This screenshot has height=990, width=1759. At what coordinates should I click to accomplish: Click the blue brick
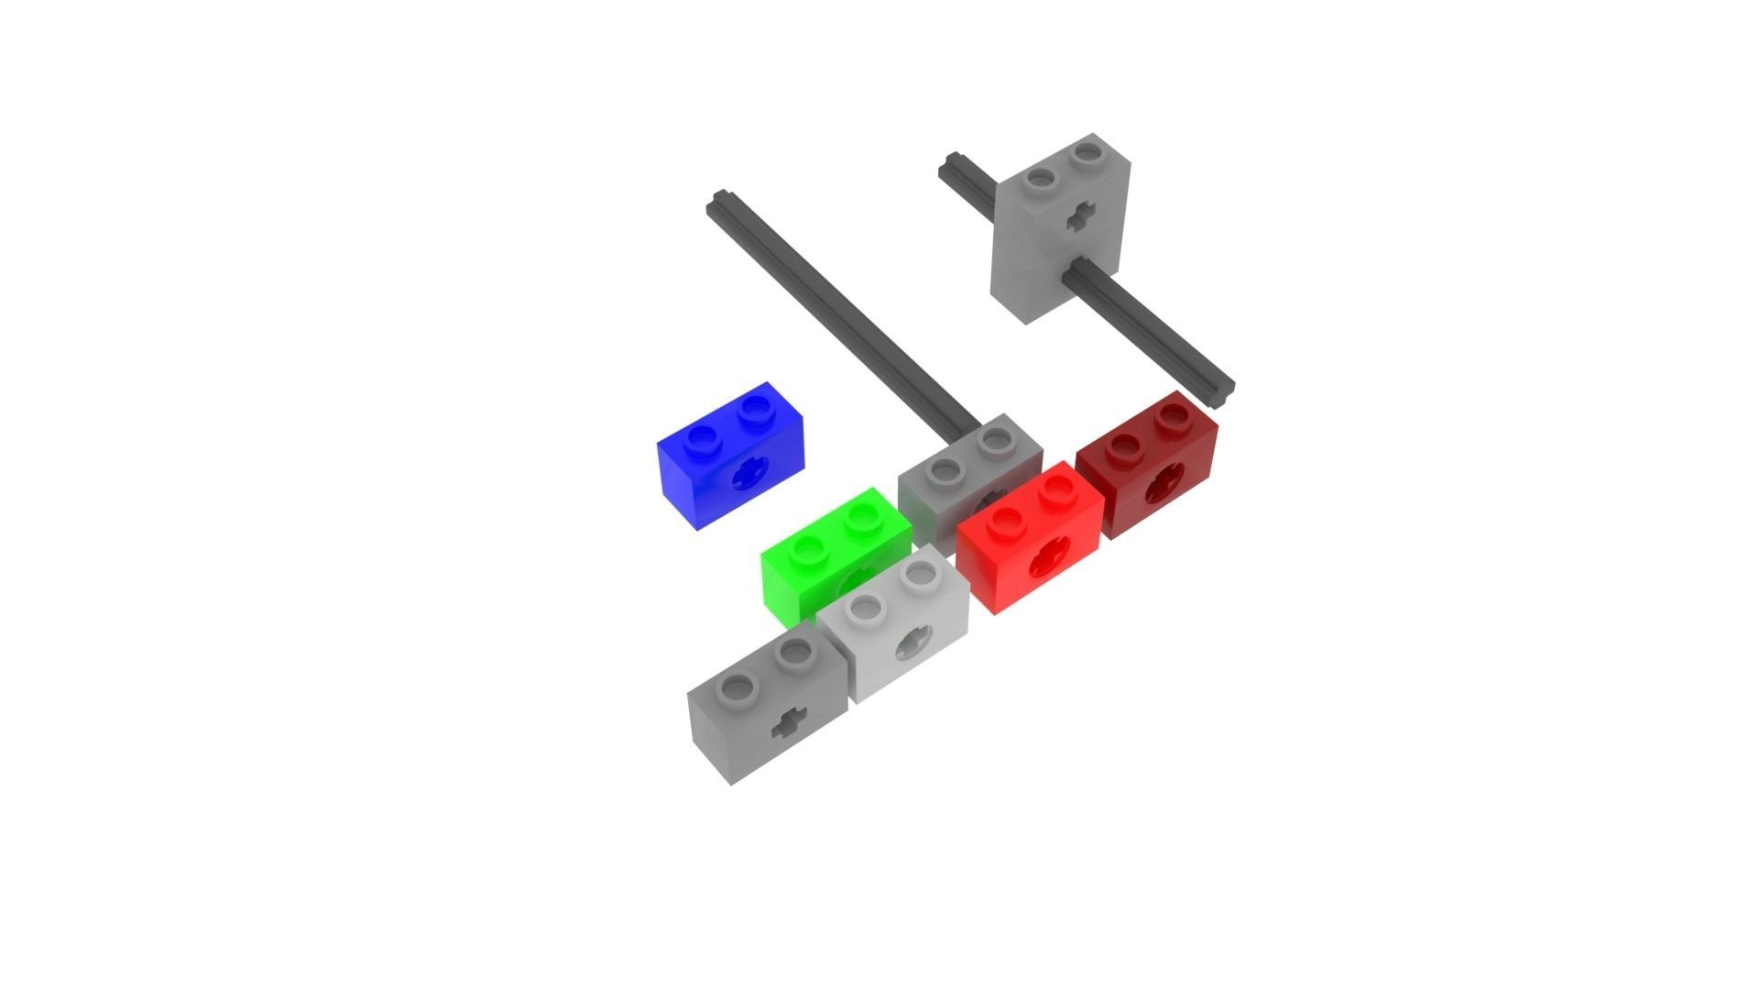click(x=728, y=458)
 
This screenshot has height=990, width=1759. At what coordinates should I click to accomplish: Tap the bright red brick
click(x=1031, y=541)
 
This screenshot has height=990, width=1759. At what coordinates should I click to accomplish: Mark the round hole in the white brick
click(x=912, y=643)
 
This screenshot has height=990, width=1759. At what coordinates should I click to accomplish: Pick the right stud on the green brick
click(x=861, y=517)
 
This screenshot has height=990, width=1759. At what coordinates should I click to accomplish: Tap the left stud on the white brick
click(x=862, y=606)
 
